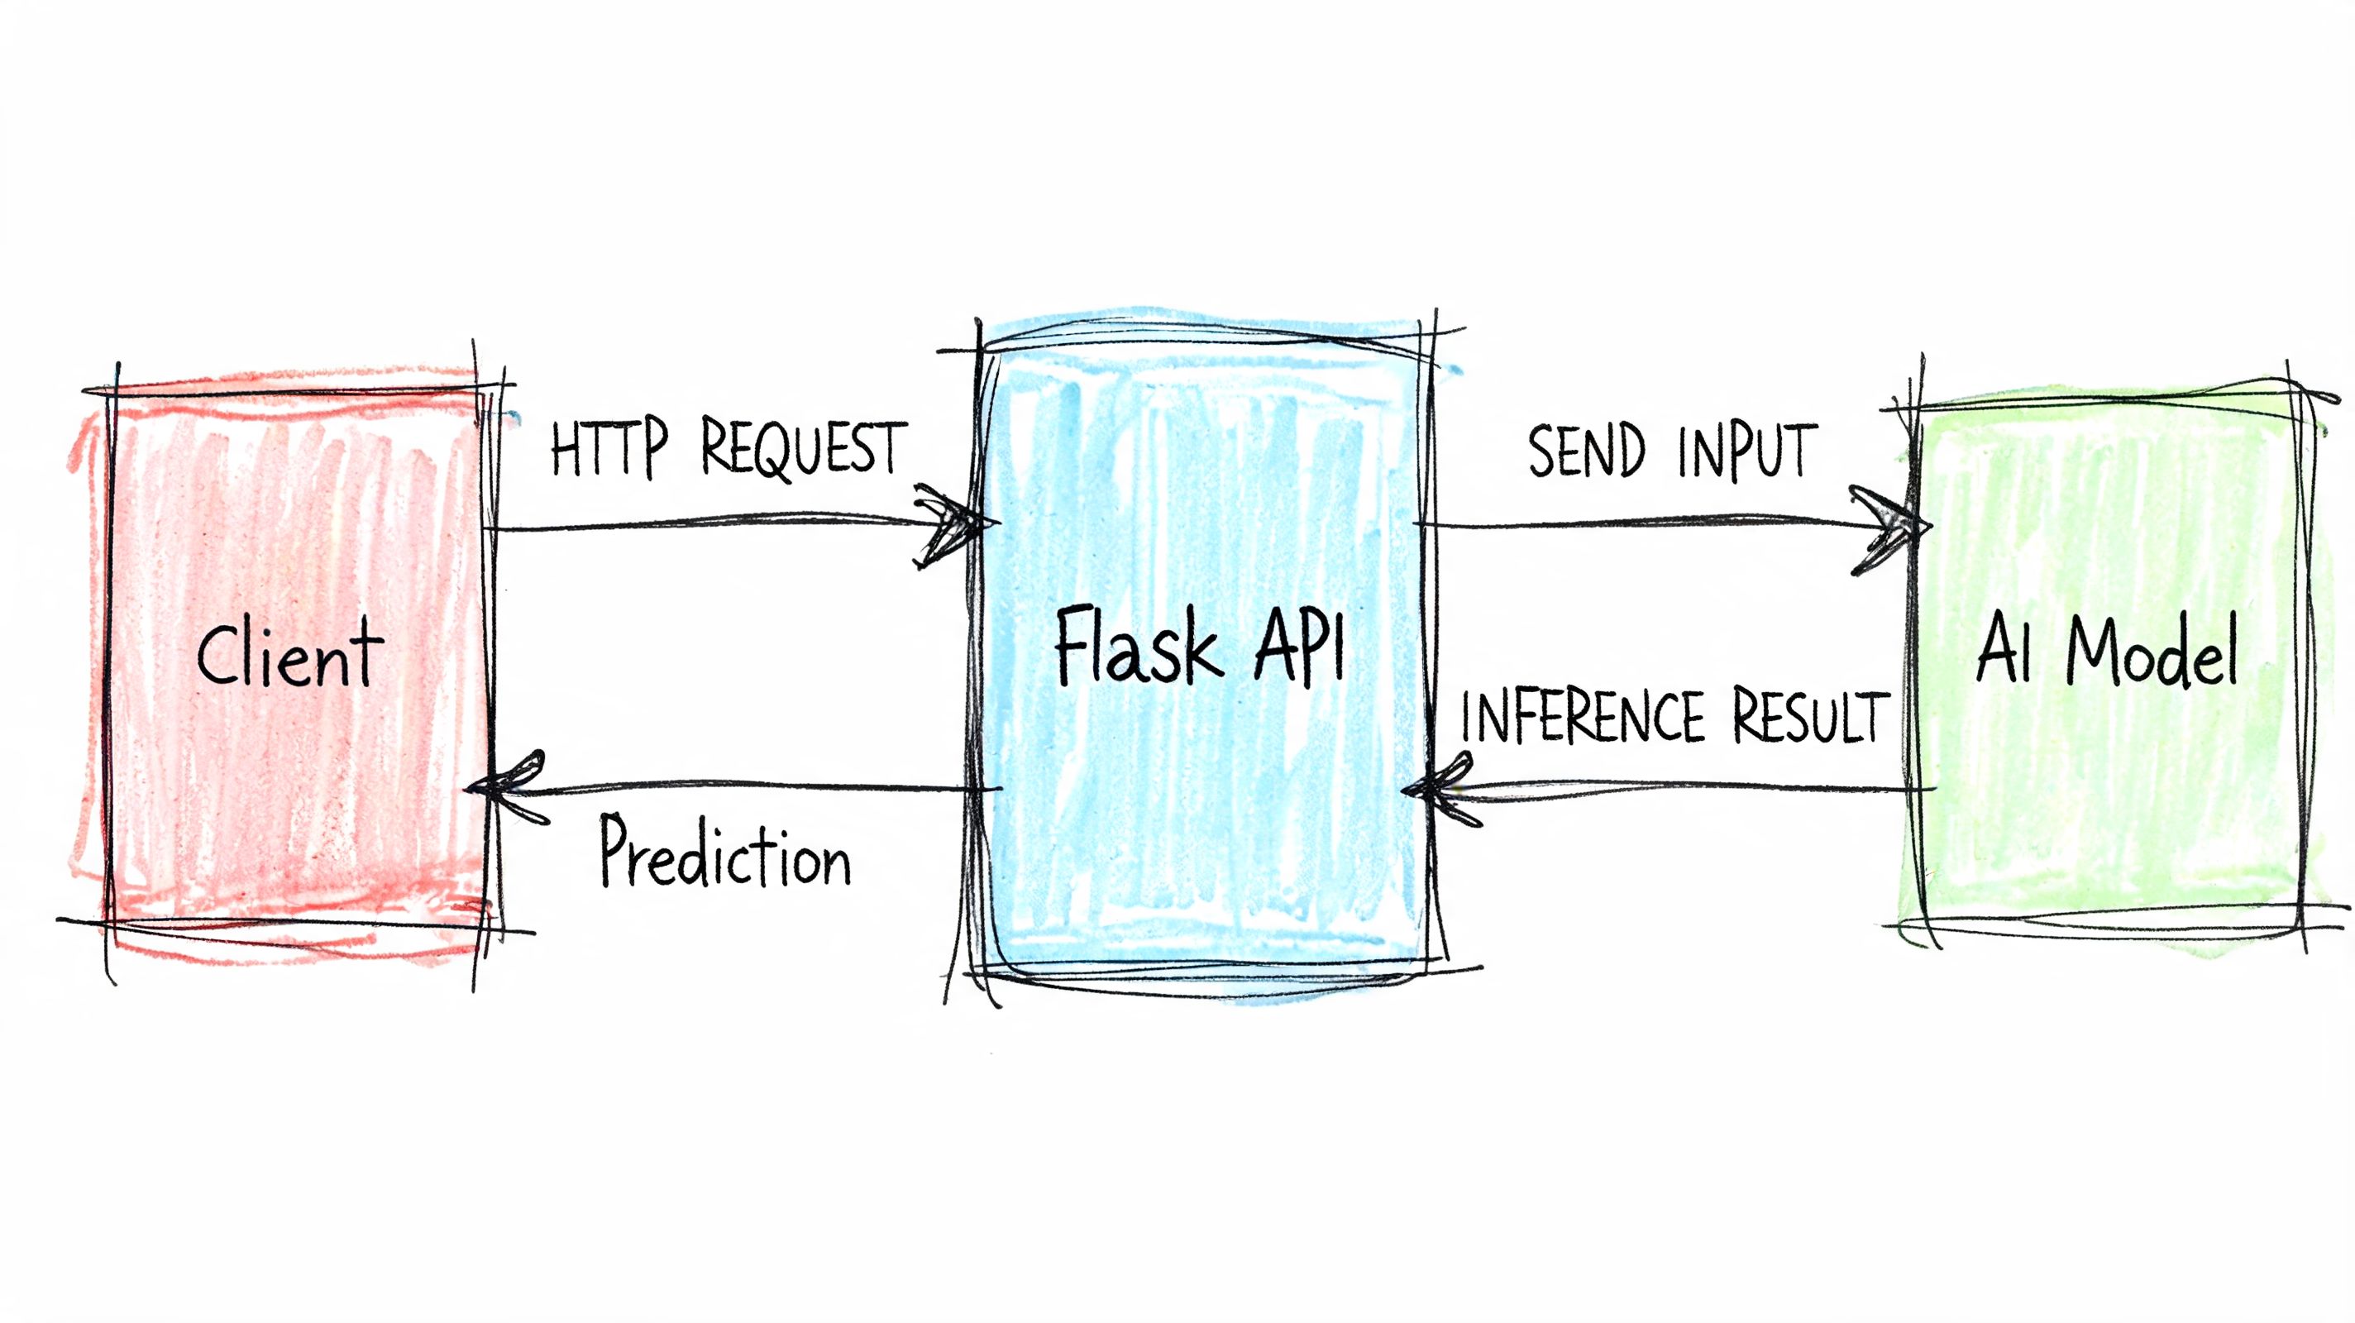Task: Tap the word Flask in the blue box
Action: tap(1137, 647)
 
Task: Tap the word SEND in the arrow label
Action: tap(1585, 451)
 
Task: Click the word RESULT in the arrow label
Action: tap(1810, 717)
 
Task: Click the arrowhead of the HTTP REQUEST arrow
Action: tap(960, 525)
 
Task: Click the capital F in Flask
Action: tap(1073, 646)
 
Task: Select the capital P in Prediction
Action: tap(618, 850)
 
